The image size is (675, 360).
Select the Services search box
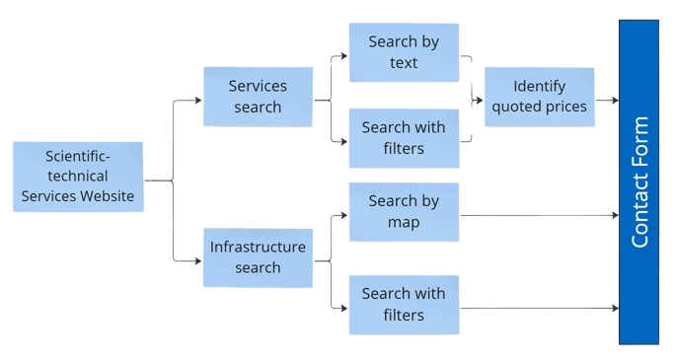[x=256, y=96]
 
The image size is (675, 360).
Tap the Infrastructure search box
[x=258, y=256]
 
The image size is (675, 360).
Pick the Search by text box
[x=403, y=52]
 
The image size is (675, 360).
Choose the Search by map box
[x=403, y=211]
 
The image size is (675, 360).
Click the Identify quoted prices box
[x=539, y=97]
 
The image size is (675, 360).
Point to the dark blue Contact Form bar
[x=638, y=182]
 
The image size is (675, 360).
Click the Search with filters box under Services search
[x=403, y=138]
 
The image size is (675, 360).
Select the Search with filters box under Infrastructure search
[x=403, y=304]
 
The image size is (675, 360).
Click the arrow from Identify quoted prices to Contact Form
[x=606, y=100]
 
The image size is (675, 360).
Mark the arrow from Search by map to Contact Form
[x=538, y=214]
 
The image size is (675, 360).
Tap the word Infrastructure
[x=258, y=247]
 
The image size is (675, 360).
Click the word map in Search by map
[x=403, y=222]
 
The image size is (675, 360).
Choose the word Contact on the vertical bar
[x=639, y=214]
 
